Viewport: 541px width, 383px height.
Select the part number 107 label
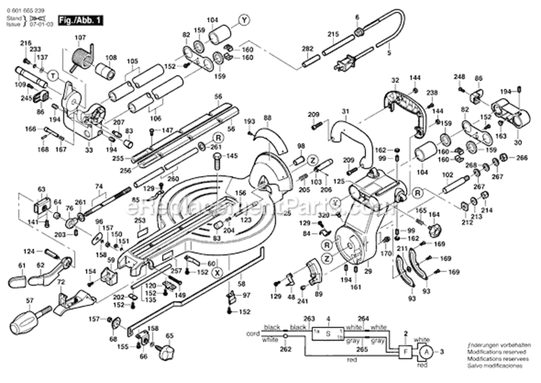(x=80, y=37)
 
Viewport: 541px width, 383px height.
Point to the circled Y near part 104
(x=245, y=20)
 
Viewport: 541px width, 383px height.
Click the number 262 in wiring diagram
(x=286, y=350)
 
